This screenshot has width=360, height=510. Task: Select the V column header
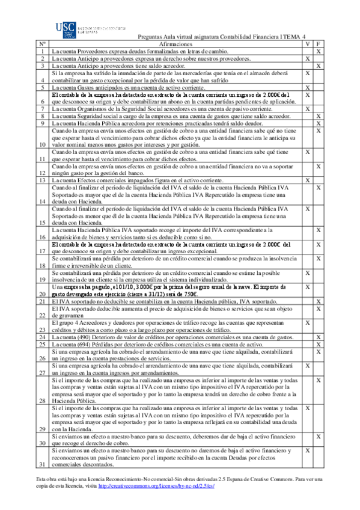pyautogui.click(x=307, y=45)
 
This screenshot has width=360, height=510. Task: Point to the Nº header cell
pyautogui.click(x=43, y=45)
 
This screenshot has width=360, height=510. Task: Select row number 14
pyautogui.click(x=43, y=201)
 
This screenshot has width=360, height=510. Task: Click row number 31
pyautogui.click(x=43, y=465)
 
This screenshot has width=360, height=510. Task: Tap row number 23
pyautogui.click(x=43, y=329)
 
